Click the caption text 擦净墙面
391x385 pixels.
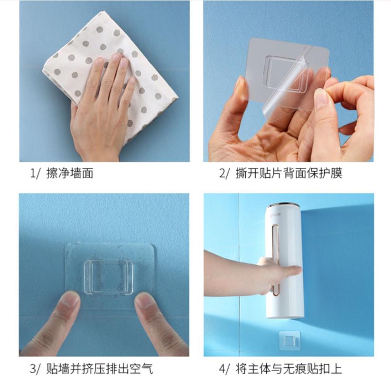point(70,173)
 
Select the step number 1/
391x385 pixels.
point(35,173)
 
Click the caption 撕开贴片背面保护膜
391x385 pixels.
point(289,173)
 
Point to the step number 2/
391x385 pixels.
point(223,173)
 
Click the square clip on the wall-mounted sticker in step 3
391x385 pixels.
point(109,277)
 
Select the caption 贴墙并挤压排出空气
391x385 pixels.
point(100,369)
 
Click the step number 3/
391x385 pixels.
point(35,369)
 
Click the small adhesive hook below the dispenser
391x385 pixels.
point(290,340)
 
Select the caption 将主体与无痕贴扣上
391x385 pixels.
point(289,369)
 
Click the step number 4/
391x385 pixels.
point(223,369)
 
